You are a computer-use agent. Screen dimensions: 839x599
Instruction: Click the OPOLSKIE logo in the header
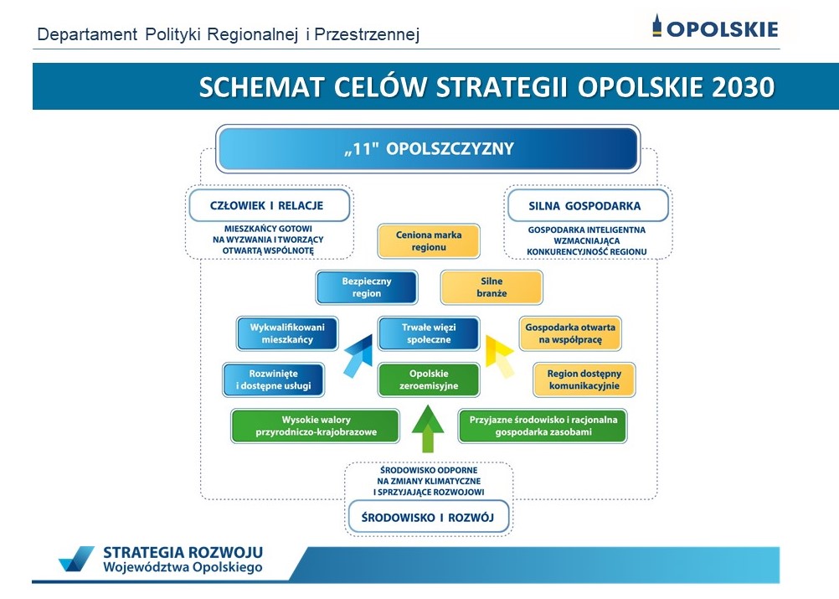click(x=715, y=27)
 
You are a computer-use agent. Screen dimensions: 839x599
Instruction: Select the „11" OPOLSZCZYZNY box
click(x=428, y=149)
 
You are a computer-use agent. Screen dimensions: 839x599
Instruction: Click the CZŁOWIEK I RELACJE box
click(x=269, y=205)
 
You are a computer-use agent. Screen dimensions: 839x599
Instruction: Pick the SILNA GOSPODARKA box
click(x=588, y=205)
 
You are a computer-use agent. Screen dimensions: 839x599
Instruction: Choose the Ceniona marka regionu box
click(x=429, y=241)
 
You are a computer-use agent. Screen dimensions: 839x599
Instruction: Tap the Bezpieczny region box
click(x=367, y=287)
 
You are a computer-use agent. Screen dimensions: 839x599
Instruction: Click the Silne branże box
click(x=492, y=287)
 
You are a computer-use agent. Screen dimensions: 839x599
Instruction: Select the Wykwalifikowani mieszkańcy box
click(x=287, y=333)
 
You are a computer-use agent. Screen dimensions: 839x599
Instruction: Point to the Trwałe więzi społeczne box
click(x=429, y=333)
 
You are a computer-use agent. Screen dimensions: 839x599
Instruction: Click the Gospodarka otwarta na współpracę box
click(x=570, y=333)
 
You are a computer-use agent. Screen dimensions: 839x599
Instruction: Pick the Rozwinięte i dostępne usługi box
click(x=274, y=380)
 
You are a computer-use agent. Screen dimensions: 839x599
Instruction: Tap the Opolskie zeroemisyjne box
click(x=429, y=380)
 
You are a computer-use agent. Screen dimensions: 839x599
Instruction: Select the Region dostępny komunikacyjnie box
click(x=584, y=380)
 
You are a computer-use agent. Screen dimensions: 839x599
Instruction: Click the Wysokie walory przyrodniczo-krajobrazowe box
click(x=316, y=426)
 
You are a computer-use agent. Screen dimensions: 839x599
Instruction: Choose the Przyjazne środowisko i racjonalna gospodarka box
click(x=543, y=426)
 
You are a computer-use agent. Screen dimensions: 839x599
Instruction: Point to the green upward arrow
click(x=428, y=428)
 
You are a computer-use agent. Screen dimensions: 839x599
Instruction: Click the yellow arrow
click(x=499, y=356)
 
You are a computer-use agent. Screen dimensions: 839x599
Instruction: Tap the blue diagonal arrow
click(x=358, y=356)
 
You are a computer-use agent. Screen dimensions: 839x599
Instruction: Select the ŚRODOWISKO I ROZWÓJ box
click(x=428, y=518)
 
